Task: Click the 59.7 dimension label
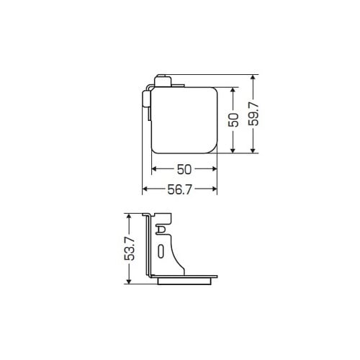253,114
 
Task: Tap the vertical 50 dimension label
233,120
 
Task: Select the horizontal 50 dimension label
184,169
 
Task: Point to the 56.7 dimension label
180,189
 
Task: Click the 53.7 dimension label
130,248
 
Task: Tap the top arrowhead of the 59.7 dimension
253,78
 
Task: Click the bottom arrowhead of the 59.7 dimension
253,150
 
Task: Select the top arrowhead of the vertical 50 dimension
233,90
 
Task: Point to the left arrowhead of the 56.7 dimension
145,189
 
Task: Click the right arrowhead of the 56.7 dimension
214,189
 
